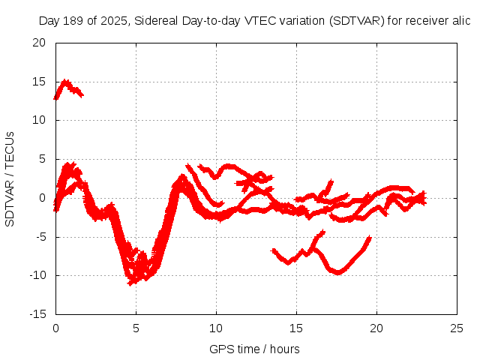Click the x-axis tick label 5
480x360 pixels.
136,328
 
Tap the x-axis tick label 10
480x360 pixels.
216,328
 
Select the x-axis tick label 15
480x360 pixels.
296,328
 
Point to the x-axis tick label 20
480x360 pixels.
376,328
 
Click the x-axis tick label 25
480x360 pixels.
457,328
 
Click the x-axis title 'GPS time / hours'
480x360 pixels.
254,349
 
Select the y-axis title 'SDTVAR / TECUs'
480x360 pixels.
10,178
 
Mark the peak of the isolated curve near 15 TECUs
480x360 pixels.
66,82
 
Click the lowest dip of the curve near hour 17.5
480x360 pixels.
337,271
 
